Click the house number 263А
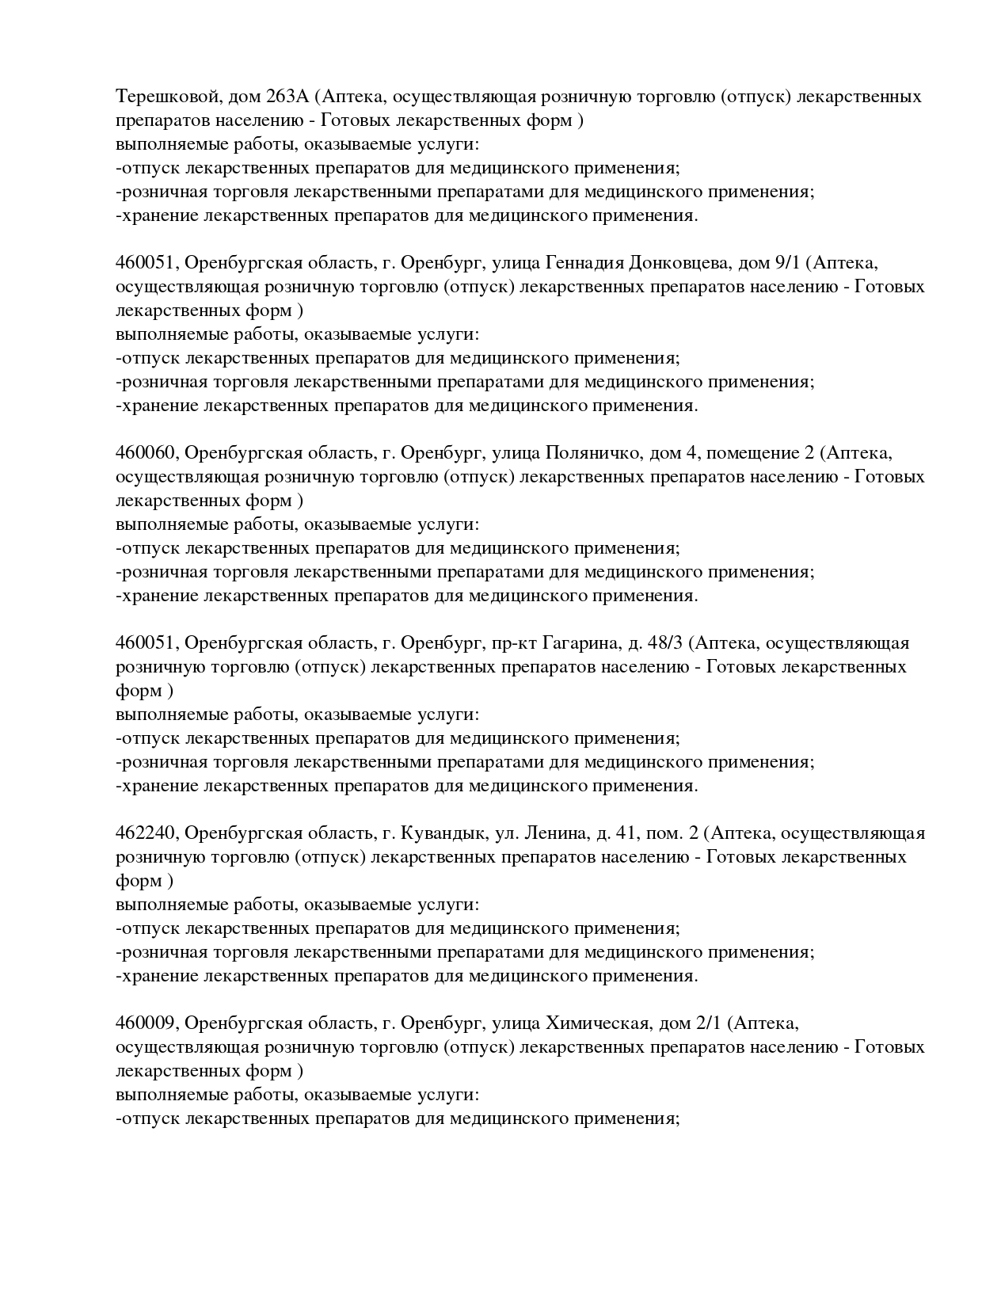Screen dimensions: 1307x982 [284, 97]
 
